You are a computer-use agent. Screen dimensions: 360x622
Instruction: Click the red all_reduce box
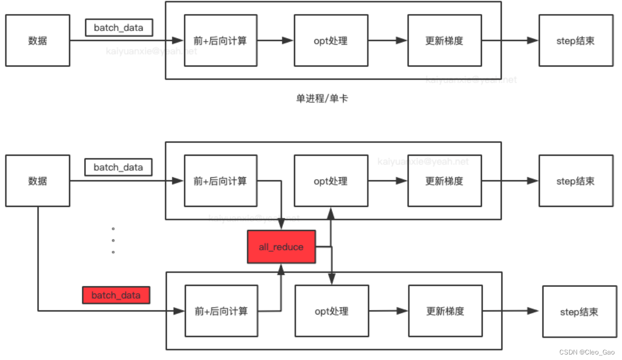281,247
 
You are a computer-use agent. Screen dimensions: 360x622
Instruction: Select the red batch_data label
117,295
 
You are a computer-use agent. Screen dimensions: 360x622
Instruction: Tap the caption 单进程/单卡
322,99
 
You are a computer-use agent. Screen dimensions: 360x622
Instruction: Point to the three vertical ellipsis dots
113,240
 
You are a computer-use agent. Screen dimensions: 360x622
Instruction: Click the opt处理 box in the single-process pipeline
331,41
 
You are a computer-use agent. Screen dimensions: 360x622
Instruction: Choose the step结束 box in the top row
575,41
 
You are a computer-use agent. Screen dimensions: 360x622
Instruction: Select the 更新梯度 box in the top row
444,41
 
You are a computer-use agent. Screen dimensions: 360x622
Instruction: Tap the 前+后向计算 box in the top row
220,41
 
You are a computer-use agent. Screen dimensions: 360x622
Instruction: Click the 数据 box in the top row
38,41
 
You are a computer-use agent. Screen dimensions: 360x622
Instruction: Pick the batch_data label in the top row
118,28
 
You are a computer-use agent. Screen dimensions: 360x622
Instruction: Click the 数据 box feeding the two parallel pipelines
38,181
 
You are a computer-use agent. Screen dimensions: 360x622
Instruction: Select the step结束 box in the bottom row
579,311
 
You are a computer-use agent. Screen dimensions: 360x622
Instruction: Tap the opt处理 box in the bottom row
332,311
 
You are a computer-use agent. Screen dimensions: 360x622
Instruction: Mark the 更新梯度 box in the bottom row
445,311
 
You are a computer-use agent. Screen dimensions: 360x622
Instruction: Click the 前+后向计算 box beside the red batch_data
221,311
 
